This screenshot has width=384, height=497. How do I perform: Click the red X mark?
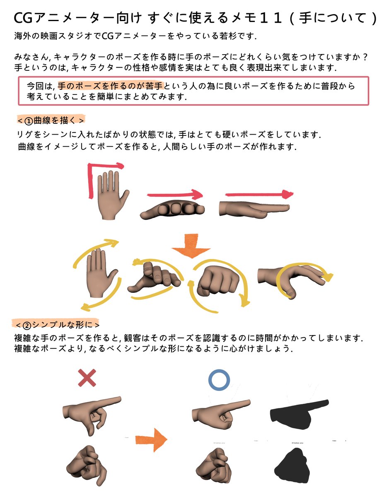click(x=87, y=378)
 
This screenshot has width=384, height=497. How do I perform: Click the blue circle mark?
click(x=219, y=380)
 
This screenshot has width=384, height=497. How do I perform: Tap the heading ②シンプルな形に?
click(x=56, y=323)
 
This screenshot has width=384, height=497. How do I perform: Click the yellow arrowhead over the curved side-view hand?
click(x=330, y=276)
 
